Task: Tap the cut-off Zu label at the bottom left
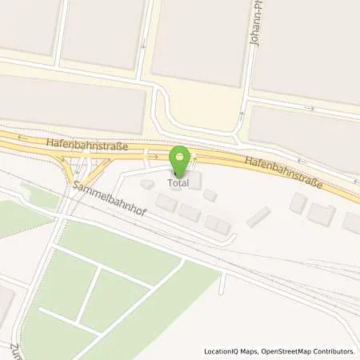click(x=15, y=351)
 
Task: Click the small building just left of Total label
click(x=147, y=184)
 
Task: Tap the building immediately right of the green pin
click(x=195, y=179)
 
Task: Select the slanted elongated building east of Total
click(x=258, y=217)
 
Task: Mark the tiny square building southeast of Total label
click(x=210, y=194)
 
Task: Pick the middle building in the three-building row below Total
click(x=190, y=212)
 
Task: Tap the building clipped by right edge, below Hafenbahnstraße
click(x=351, y=222)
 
